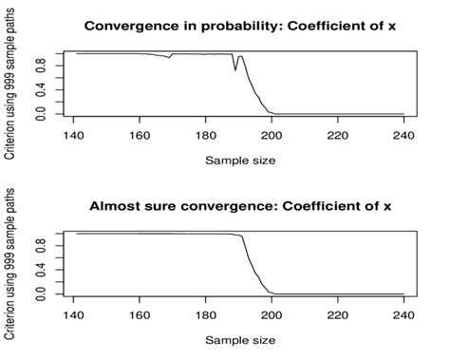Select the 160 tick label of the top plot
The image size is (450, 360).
(x=140, y=136)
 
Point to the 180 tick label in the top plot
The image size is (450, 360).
(x=206, y=136)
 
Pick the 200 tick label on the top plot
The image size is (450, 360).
(x=272, y=136)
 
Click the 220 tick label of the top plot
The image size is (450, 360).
(x=338, y=136)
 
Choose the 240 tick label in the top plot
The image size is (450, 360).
(x=403, y=136)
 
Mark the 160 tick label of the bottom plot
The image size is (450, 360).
(x=140, y=315)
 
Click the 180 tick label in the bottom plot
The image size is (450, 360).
(x=206, y=315)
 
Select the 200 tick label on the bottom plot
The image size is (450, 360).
(x=272, y=315)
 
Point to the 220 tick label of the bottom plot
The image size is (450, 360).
(x=338, y=315)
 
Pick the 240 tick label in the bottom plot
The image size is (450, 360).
(x=403, y=315)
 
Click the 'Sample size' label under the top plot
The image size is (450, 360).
(x=240, y=160)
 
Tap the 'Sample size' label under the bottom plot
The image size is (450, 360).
(x=240, y=339)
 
